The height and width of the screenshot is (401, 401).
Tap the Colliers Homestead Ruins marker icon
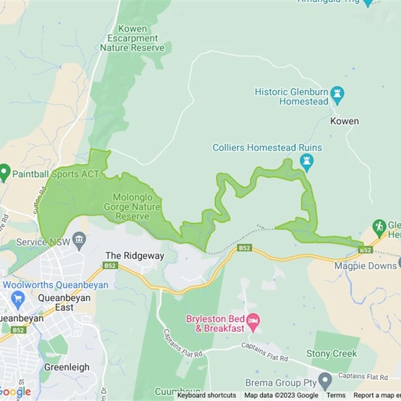point(306,162)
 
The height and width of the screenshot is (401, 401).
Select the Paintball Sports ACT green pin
point(5,173)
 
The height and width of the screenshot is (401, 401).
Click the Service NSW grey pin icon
point(79,241)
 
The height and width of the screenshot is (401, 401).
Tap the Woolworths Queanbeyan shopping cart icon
point(18,299)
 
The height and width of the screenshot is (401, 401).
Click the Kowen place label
point(344,121)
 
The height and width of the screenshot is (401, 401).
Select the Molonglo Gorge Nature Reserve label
point(132,207)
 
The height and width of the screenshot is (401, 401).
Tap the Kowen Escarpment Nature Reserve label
point(132,39)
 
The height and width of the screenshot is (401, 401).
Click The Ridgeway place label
point(134,256)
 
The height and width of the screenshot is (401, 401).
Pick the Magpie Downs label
point(365,266)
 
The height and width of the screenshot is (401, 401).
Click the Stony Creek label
point(332,353)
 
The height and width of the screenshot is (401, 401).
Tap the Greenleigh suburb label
point(67,367)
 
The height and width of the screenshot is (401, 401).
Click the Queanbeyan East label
point(64,302)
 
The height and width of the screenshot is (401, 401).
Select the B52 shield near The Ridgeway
point(110,265)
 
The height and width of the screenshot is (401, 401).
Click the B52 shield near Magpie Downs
point(365,250)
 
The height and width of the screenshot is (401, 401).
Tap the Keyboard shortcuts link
point(207,395)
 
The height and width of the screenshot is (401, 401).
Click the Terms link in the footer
point(336,395)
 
